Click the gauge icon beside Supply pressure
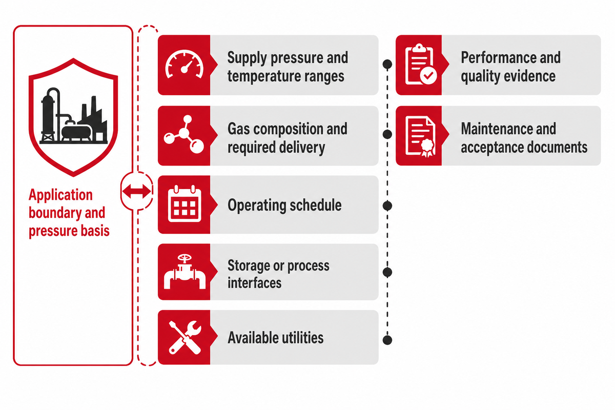click(x=184, y=64)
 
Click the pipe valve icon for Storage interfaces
click(x=184, y=272)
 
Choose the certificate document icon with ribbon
click(x=420, y=136)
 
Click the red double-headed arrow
click(x=136, y=191)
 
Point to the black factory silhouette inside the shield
click(x=74, y=116)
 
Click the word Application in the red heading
click(x=60, y=195)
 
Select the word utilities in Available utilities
click(x=299, y=338)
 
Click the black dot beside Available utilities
click(x=387, y=340)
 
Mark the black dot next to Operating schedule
click(x=387, y=206)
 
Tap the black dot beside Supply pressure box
click(x=387, y=64)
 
